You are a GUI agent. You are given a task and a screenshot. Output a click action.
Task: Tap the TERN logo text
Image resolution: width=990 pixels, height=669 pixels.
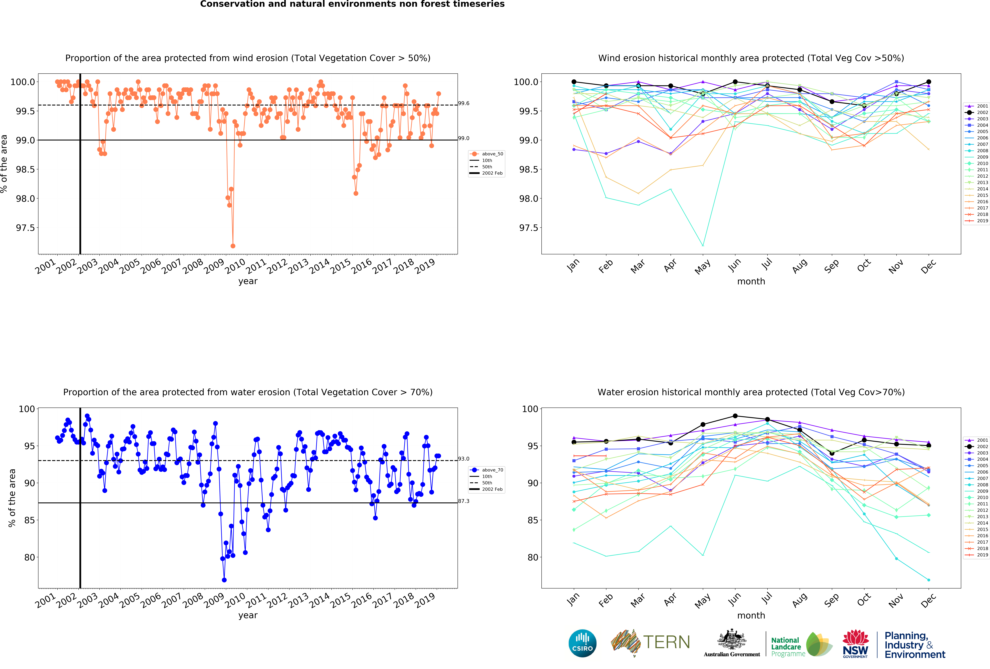tap(667, 642)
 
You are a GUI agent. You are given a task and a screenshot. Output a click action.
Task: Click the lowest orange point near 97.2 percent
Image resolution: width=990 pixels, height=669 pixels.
tap(233, 246)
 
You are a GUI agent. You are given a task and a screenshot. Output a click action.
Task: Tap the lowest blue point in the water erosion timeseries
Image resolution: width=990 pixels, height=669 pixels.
tap(224, 580)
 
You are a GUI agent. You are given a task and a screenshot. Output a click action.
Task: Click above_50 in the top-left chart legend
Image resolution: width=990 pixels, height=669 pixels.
tap(492, 154)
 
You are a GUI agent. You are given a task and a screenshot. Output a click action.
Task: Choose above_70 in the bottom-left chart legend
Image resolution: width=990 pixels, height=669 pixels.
tap(492, 470)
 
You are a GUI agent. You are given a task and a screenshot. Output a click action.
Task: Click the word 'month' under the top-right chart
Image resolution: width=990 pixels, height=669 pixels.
tap(751, 281)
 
